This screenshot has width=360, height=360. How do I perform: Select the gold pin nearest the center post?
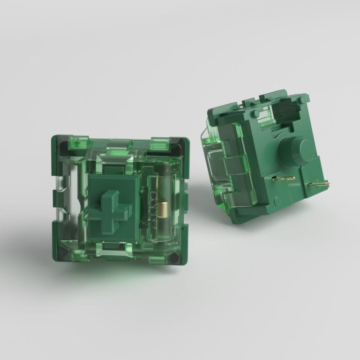click(x=282, y=179)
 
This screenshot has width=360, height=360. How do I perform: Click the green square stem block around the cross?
click(x=127, y=187)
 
